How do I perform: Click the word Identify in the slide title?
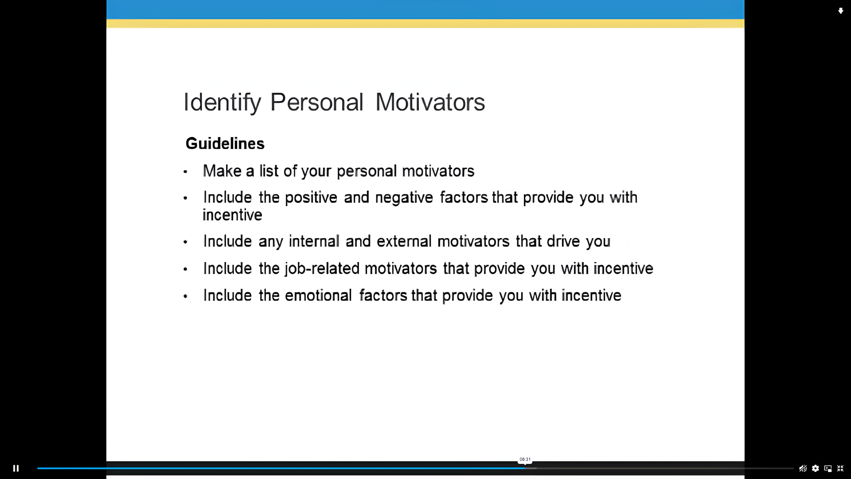[x=222, y=103]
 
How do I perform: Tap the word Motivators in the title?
[x=430, y=102]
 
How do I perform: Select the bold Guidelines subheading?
[x=225, y=143]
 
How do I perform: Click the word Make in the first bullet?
[x=222, y=171]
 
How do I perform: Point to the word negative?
[x=404, y=198]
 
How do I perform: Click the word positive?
[x=311, y=198]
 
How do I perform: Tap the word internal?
[x=314, y=241]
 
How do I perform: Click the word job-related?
[x=322, y=269]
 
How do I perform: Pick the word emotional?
[x=318, y=295]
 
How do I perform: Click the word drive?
[x=563, y=241]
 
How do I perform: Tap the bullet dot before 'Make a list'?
[x=185, y=172]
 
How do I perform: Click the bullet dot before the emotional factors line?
[x=185, y=296]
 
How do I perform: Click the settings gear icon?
[x=815, y=468]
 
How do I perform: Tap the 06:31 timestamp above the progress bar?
[x=525, y=459]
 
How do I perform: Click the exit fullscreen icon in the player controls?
[x=840, y=468]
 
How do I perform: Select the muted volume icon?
[x=803, y=468]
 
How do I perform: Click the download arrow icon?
[x=840, y=11]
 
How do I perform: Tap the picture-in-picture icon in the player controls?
[x=828, y=468]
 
